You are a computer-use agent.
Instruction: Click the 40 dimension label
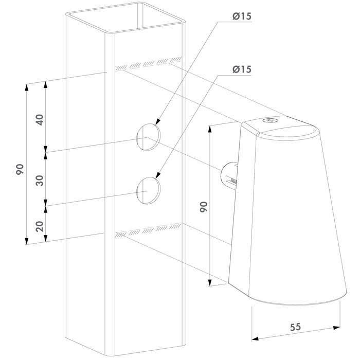coord(39,119)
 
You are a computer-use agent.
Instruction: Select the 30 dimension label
coord(39,179)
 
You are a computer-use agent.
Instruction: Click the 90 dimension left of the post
coord(20,169)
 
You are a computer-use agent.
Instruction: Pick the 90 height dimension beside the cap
coord(204,207)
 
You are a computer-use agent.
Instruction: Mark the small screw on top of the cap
coord(270,120)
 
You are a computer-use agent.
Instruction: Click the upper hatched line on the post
coord(149,63)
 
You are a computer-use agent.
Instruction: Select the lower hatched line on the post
coord(149,230)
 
